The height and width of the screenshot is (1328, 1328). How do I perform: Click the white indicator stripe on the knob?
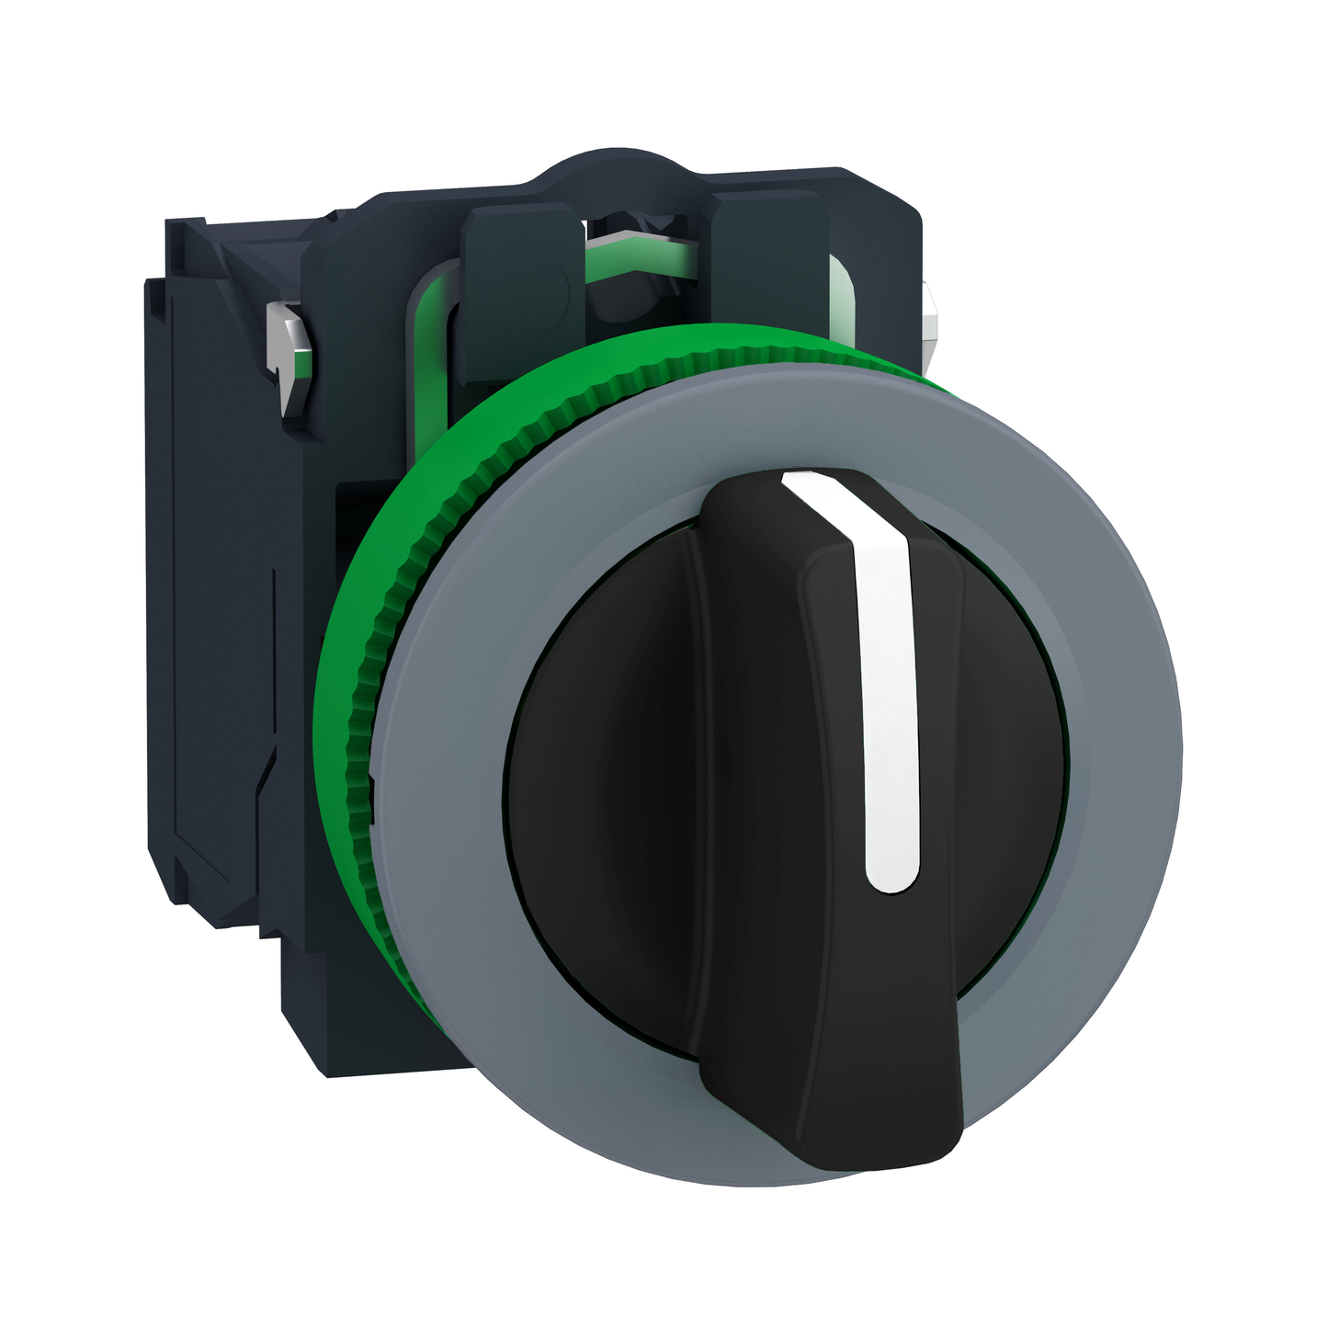point(888,698)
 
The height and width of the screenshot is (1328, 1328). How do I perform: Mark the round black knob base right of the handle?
point(1011,735)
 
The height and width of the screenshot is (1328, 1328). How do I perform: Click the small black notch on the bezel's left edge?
point(371,781)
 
